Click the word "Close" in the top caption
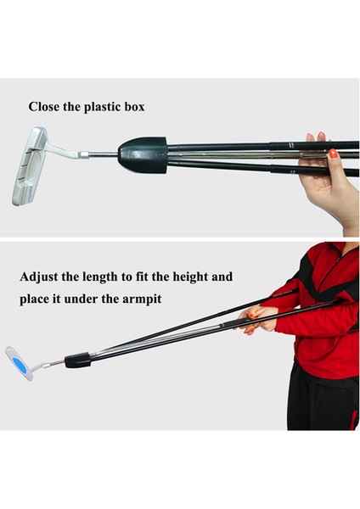click(x=44, y=108)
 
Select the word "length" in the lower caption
click(x=110, y=277)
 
